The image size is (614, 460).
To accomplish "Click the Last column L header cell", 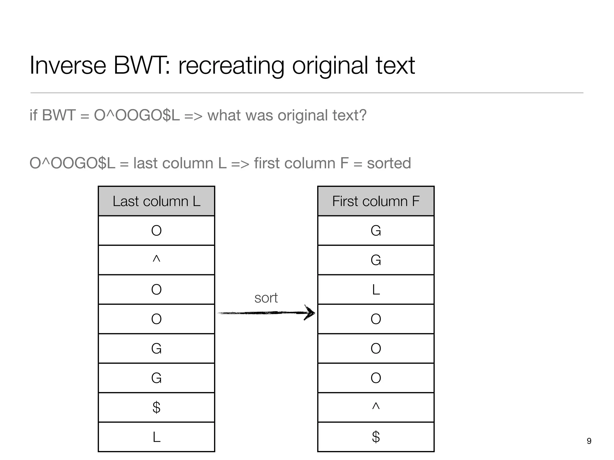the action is tap(156, 201).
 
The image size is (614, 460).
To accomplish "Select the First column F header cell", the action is tap(376, 201).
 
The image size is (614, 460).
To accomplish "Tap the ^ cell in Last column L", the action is tap(156, 260).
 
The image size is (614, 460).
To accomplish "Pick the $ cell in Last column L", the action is tap(156, 407).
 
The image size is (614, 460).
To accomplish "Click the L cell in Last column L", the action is tap(156, 437).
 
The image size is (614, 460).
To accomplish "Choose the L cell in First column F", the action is tap(376, 290).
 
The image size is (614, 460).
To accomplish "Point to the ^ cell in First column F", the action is tap(376, 407).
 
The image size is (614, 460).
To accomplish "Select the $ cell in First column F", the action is tap(376, 437).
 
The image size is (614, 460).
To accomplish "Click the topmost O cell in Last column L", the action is tap(156, 231).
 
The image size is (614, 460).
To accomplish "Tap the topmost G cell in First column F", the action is tap(376, 231).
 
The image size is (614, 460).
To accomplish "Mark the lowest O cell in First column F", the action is tap(376, 378).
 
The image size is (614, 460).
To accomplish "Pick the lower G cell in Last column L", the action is tap(156, 378).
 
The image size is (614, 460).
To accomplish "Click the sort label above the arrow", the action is tap(266, 298).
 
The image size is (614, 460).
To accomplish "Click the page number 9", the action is tap(589, 441).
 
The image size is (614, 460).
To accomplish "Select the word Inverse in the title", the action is tap(68, 65).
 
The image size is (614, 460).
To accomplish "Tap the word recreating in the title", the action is tap(231, 66).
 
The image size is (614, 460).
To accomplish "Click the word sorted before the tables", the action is tap(389, 163).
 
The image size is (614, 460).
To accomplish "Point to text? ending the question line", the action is tap(349, 115).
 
